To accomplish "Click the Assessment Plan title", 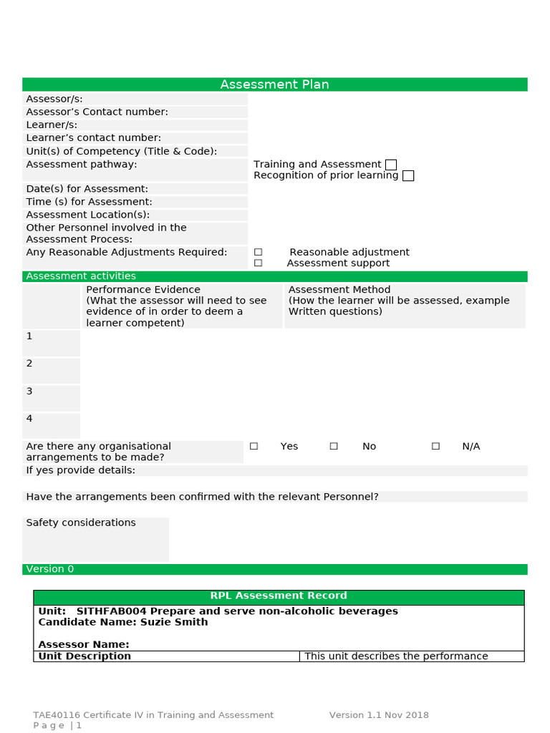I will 274,84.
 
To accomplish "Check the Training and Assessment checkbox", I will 390,165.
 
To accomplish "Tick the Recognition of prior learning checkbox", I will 408,175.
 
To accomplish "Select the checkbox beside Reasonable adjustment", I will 258,252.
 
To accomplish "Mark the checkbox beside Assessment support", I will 258,263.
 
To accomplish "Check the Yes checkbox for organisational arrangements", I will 254,446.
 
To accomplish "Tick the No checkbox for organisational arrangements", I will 334,446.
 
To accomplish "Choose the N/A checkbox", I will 435,446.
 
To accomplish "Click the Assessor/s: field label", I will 54,99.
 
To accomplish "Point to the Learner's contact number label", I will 93,137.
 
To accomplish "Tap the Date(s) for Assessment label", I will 87,188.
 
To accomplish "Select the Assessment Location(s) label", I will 87,215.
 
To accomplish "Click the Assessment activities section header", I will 81,276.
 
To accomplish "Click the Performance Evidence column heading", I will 133,290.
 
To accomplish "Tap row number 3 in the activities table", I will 29,391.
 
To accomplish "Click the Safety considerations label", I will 81,523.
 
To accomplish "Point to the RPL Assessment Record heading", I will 279,596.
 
